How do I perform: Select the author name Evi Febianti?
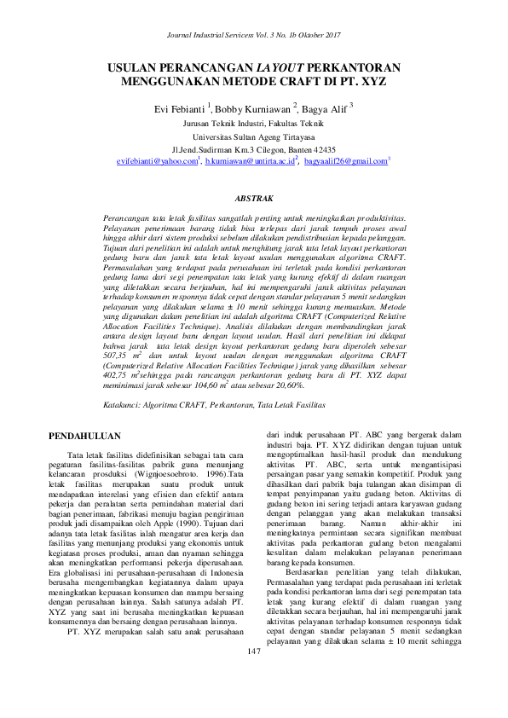pyautogui.click(x=178, y=109)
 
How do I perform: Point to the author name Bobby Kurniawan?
pyautogui.click(x=253, y=109)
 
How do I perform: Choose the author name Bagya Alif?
pyautogui.click(x=325, y=109)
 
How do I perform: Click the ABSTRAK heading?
pyautogui.click(x=254, y=199)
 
